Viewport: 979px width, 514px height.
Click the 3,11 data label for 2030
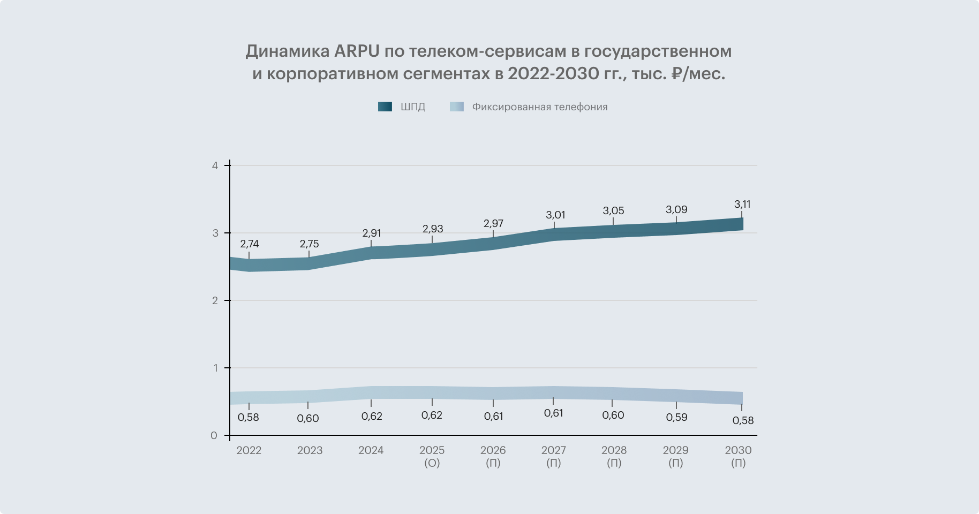coord(742,204)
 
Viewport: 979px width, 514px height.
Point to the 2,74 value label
coord(250,244)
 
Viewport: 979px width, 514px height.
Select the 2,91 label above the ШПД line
coord(372,233)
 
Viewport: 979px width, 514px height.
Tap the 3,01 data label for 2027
coord(555,215)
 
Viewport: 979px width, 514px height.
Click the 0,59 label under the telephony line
coord(676,417)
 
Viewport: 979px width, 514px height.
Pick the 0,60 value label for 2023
coord(308,418)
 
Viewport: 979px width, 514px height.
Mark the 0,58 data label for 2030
coord(743,420)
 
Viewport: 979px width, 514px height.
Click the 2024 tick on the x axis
coord(371,450)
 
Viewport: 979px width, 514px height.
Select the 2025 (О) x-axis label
coord(432,456)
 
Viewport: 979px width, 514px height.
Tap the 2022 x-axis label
coord(249,450)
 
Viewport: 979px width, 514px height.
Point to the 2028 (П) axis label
coord(614,456)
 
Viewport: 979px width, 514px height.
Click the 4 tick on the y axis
coord(215,165)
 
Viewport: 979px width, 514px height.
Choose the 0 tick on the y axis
coord(214,436)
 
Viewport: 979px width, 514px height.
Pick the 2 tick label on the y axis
coord(215,300)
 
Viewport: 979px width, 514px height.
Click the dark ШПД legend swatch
coord(385,107)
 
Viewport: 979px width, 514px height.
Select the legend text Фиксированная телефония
coord(539,107)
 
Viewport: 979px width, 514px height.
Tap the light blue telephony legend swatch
coord(457,107)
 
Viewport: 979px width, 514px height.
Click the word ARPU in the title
coord(357,51)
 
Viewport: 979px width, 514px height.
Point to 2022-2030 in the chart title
coord(553,73)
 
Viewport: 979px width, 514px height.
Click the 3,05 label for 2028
coord(614,210)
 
